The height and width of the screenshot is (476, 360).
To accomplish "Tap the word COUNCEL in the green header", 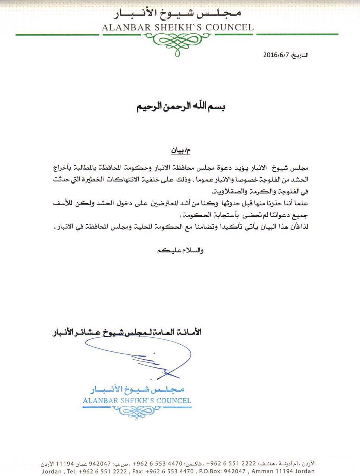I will (x=231, y=27).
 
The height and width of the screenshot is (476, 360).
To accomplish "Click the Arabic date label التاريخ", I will (x=300, y=55).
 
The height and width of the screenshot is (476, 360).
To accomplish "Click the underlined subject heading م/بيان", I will (x=180, y=151).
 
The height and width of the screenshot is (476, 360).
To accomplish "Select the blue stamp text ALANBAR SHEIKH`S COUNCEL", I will (x=137, y=401).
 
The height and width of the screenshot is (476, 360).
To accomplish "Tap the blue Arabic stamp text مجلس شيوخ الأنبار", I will (x=137, y=390).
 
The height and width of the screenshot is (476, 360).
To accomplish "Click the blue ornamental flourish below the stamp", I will (x=137, y=411).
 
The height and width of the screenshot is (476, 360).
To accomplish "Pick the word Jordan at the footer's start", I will (x=52, y=472).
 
